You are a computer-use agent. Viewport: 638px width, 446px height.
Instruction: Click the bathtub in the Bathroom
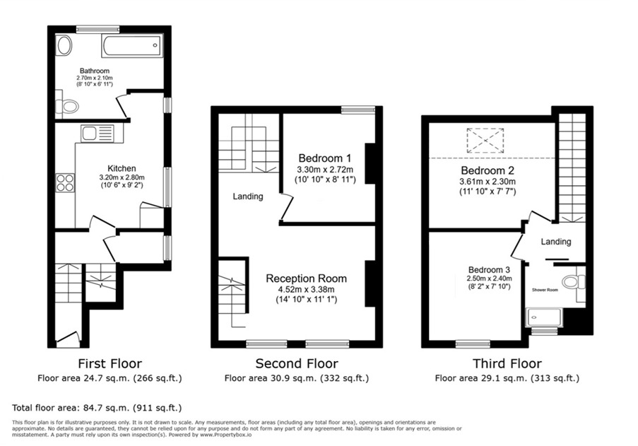[x=132, y=47]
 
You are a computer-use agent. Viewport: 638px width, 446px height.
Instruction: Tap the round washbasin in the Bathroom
[x=64, y=47]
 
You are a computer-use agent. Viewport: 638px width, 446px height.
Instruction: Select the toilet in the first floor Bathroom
[x=69, y=107]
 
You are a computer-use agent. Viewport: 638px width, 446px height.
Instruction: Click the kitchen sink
[x=93, y=133]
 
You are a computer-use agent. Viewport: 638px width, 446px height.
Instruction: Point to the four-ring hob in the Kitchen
[x=66, y=183]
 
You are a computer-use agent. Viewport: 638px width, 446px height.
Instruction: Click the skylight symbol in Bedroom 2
[x=484, y=140]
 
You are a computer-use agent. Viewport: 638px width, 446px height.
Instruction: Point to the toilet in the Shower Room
[x=573, y=282]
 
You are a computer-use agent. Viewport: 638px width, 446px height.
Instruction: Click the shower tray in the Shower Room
[x=543, y=317]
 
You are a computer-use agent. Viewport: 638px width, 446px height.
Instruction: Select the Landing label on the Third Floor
[x=556, y=242]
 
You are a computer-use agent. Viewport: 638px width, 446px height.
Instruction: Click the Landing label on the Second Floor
[x=247, y=196]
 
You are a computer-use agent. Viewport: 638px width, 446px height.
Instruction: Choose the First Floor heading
[x=110, y=364]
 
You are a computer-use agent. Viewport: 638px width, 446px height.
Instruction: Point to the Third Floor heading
[x=508, y=364]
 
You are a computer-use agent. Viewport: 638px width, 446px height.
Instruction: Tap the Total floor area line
[x=98, y=408]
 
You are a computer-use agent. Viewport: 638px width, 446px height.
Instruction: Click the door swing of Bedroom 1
[x=286, y=206]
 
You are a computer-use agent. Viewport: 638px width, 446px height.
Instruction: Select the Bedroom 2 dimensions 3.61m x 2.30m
[x=488, y=182]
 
